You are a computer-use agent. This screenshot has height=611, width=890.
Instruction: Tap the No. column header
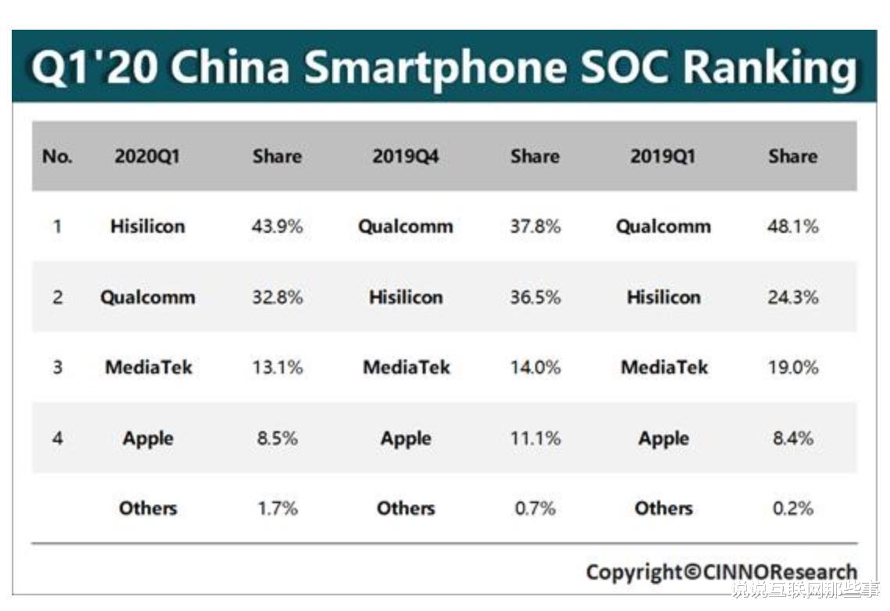tap(57, 156)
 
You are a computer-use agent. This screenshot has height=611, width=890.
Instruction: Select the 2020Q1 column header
tap(147, 156)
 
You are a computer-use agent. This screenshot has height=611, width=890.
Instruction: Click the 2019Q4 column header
tap(406, 156)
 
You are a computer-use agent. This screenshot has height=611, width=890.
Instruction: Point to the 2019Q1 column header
tap(663, 156)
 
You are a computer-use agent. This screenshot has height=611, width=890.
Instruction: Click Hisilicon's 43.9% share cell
tap(277, 227)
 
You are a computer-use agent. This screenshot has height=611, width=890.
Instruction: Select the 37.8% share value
tap(535, 227)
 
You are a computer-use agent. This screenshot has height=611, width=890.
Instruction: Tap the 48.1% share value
tap(793, 227)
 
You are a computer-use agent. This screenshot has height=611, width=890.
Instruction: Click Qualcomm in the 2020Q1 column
tap(148, 298)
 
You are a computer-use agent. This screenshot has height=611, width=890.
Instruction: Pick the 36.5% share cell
tap(535, 298)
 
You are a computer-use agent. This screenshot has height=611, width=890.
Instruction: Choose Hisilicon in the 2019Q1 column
tap(663, 298)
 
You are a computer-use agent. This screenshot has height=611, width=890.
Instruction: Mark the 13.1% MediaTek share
tap(277, 367)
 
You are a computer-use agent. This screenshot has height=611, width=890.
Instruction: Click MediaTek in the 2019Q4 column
tap(406, 367)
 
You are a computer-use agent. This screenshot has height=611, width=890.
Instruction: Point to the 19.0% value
tap(793, 367)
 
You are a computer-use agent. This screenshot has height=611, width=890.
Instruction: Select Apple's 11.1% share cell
tap(535, 438)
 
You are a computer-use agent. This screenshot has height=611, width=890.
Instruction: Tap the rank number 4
tap(57, 438)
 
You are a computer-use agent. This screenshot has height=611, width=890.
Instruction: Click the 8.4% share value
tap(793, 438)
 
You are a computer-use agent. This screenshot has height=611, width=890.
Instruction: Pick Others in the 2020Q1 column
tap(148, 509)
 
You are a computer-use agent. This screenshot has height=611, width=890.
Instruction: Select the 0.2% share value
tap(793, 509)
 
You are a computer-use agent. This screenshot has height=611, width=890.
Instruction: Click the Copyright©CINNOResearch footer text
tap(721, 572)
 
